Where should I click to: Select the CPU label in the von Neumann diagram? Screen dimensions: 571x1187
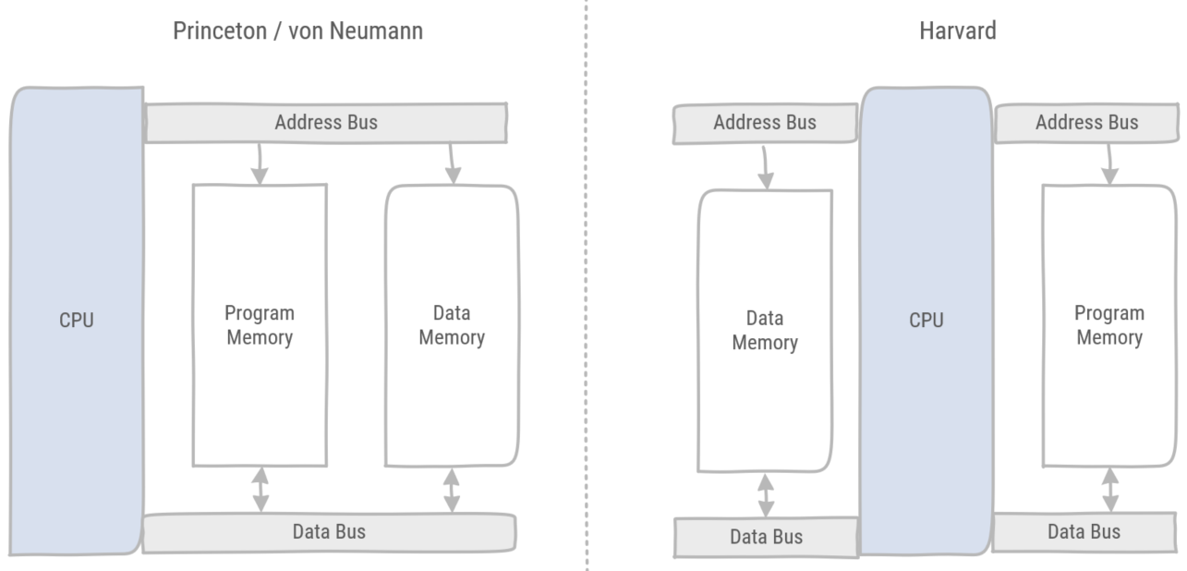76,321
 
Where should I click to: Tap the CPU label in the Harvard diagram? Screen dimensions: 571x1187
926,321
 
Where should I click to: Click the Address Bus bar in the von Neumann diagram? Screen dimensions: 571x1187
326,123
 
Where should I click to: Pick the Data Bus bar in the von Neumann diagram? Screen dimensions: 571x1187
329,531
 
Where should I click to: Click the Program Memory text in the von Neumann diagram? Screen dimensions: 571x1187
260,324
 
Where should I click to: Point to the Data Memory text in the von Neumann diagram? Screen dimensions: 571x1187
452,324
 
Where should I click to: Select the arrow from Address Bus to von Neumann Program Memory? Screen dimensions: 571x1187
260,164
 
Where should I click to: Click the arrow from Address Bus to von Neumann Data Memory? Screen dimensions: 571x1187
452,164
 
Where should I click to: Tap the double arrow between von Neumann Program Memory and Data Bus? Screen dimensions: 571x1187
260,491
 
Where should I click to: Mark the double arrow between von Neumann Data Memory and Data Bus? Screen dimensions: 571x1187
451,491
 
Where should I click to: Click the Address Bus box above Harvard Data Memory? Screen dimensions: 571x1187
764,123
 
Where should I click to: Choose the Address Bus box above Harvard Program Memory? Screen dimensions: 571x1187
1086,122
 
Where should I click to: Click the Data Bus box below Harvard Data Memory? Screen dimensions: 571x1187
766,537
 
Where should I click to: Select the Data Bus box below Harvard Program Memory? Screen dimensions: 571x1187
1084,531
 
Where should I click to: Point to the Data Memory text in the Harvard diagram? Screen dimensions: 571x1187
765,330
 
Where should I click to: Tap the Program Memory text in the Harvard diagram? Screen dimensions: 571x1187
1108,324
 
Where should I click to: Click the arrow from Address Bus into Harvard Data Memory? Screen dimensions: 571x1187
765,166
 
